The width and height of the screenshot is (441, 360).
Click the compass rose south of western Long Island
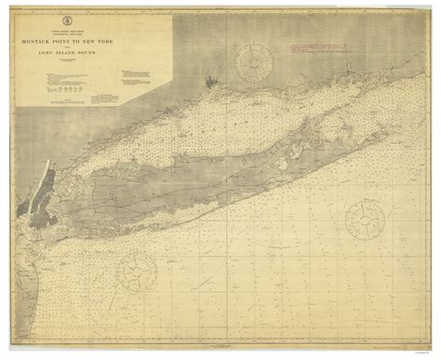coord(135,271)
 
